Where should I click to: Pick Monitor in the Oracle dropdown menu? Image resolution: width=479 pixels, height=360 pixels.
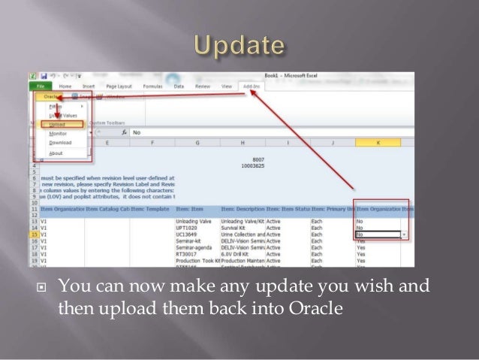coord(58,133)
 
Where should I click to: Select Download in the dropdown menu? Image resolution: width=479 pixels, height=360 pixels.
coord(60,142)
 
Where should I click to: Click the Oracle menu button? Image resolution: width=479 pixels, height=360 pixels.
coord(52,97)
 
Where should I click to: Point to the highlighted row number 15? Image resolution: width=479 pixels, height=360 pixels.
coord(34,234)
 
